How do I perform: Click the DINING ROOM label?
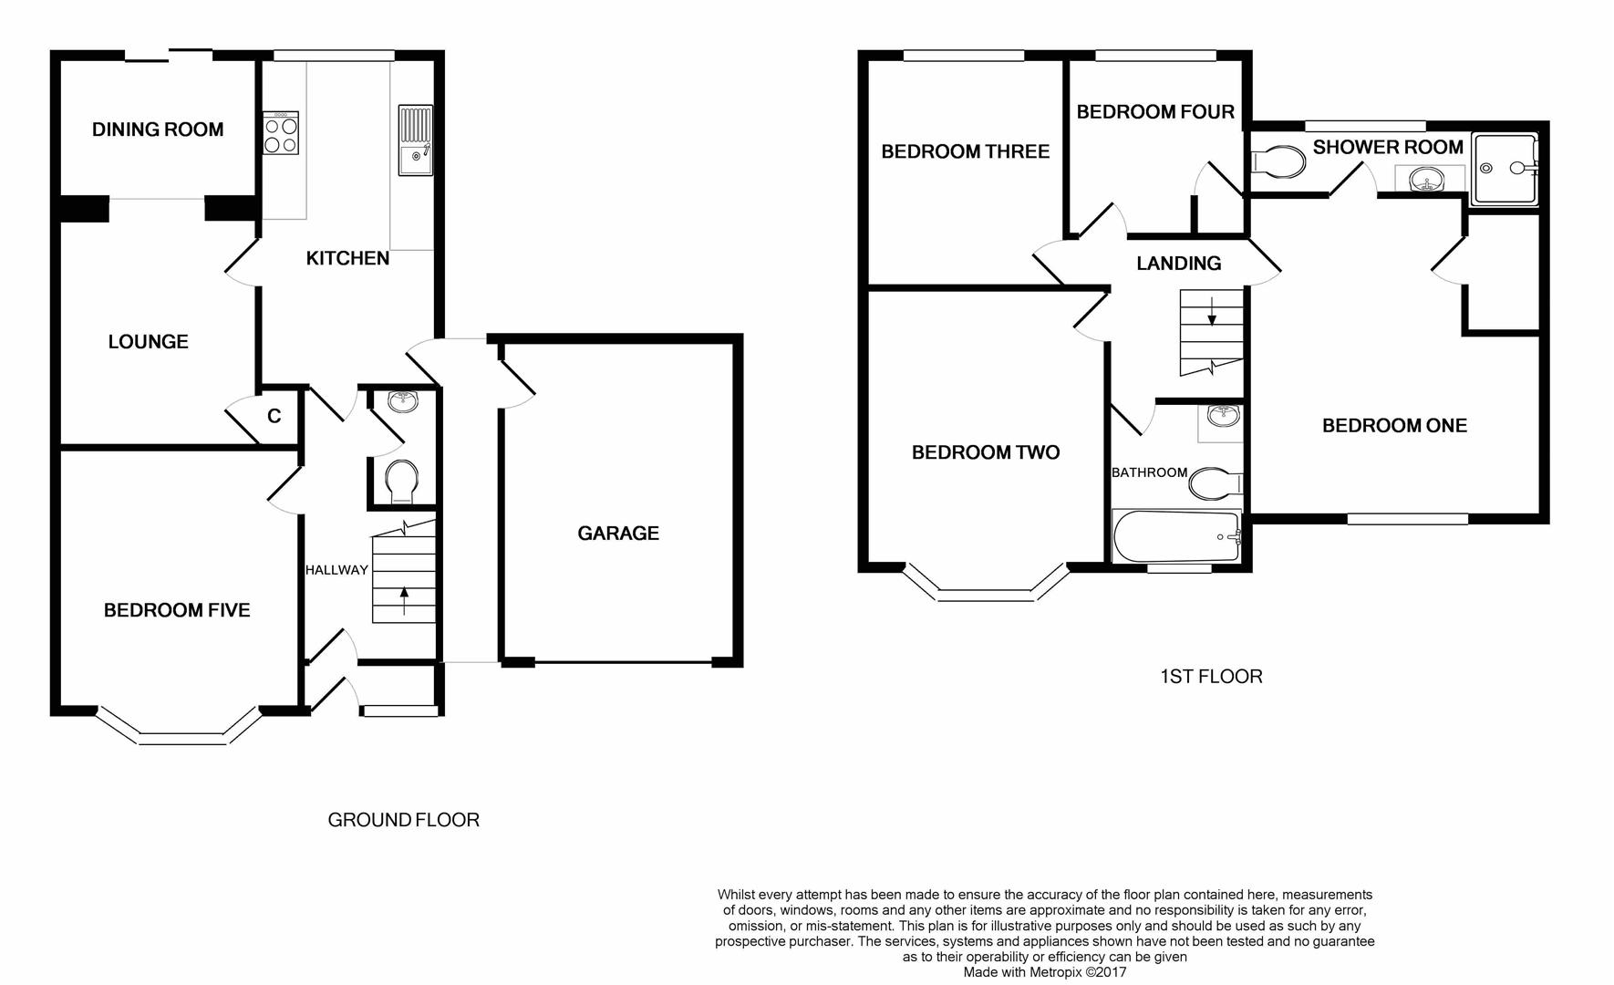pos(158,130)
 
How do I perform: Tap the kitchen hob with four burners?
pos(280,133)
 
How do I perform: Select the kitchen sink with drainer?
pos(416,140)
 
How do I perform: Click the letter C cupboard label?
pos(274,417)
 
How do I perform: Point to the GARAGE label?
pos(617,534)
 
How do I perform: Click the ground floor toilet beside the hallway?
pos(402,482)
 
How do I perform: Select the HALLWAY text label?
pos(336,570)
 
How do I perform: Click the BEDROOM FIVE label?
pos(177,610)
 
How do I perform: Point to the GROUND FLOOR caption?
pos(403,820)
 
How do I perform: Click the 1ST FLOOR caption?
pos(1211,677)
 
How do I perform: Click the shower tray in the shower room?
pos(1505,168)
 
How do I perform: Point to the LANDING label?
pos(1178,264)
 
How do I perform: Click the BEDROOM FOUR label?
pos(1155,112)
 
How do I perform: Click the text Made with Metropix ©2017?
pos(1045,972)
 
